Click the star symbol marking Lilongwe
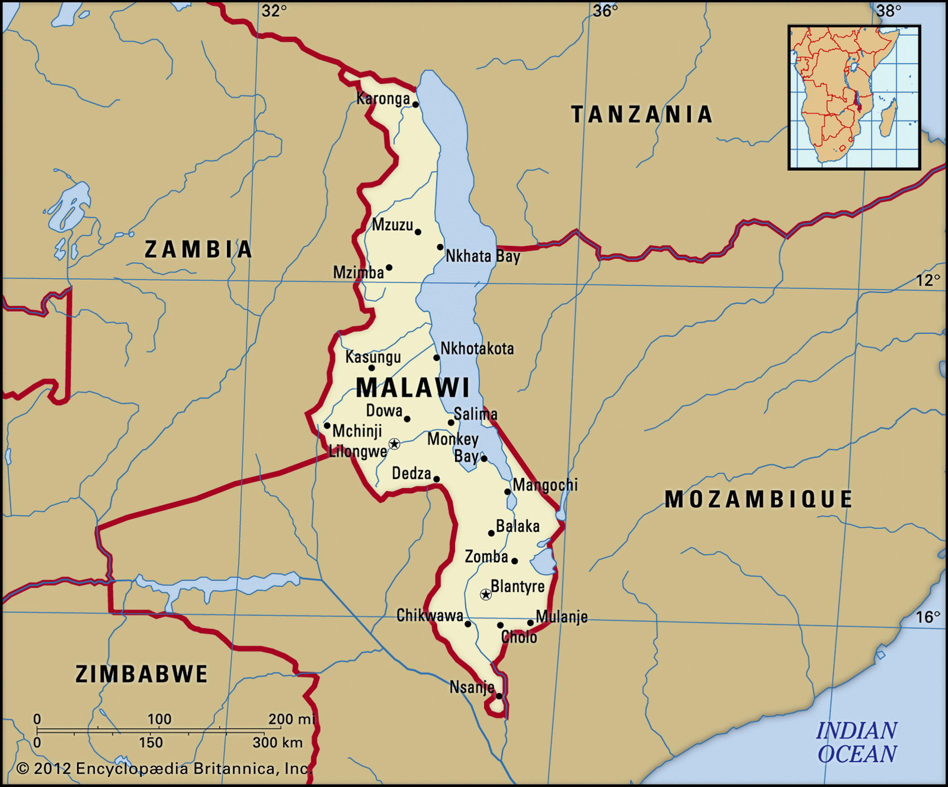[x=394, y=444]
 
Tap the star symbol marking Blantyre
[x=486, y=595]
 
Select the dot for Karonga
[x=415, y=104]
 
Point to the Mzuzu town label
[x=392, y=225]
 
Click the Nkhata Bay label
[x=483, y=256]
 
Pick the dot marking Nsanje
[x=499, y=696]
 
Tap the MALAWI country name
[x=413, y=387]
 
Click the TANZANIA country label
[x=642, y=114]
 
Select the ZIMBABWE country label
[x=142, y=674]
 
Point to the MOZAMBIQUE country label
[x=758, y=499]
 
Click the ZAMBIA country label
[x=199, y=249]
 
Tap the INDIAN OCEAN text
[x=857, y=742]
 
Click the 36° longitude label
[x=606, y=11]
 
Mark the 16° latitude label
[x=928, y=617]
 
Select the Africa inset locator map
[x=854, y=98]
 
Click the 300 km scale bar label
[x=278, y=742]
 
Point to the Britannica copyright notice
[x=164, y=769]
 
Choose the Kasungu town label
[x=373, y=357]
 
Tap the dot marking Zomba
[x=514, y=561]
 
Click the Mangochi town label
[x=545, y=485]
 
